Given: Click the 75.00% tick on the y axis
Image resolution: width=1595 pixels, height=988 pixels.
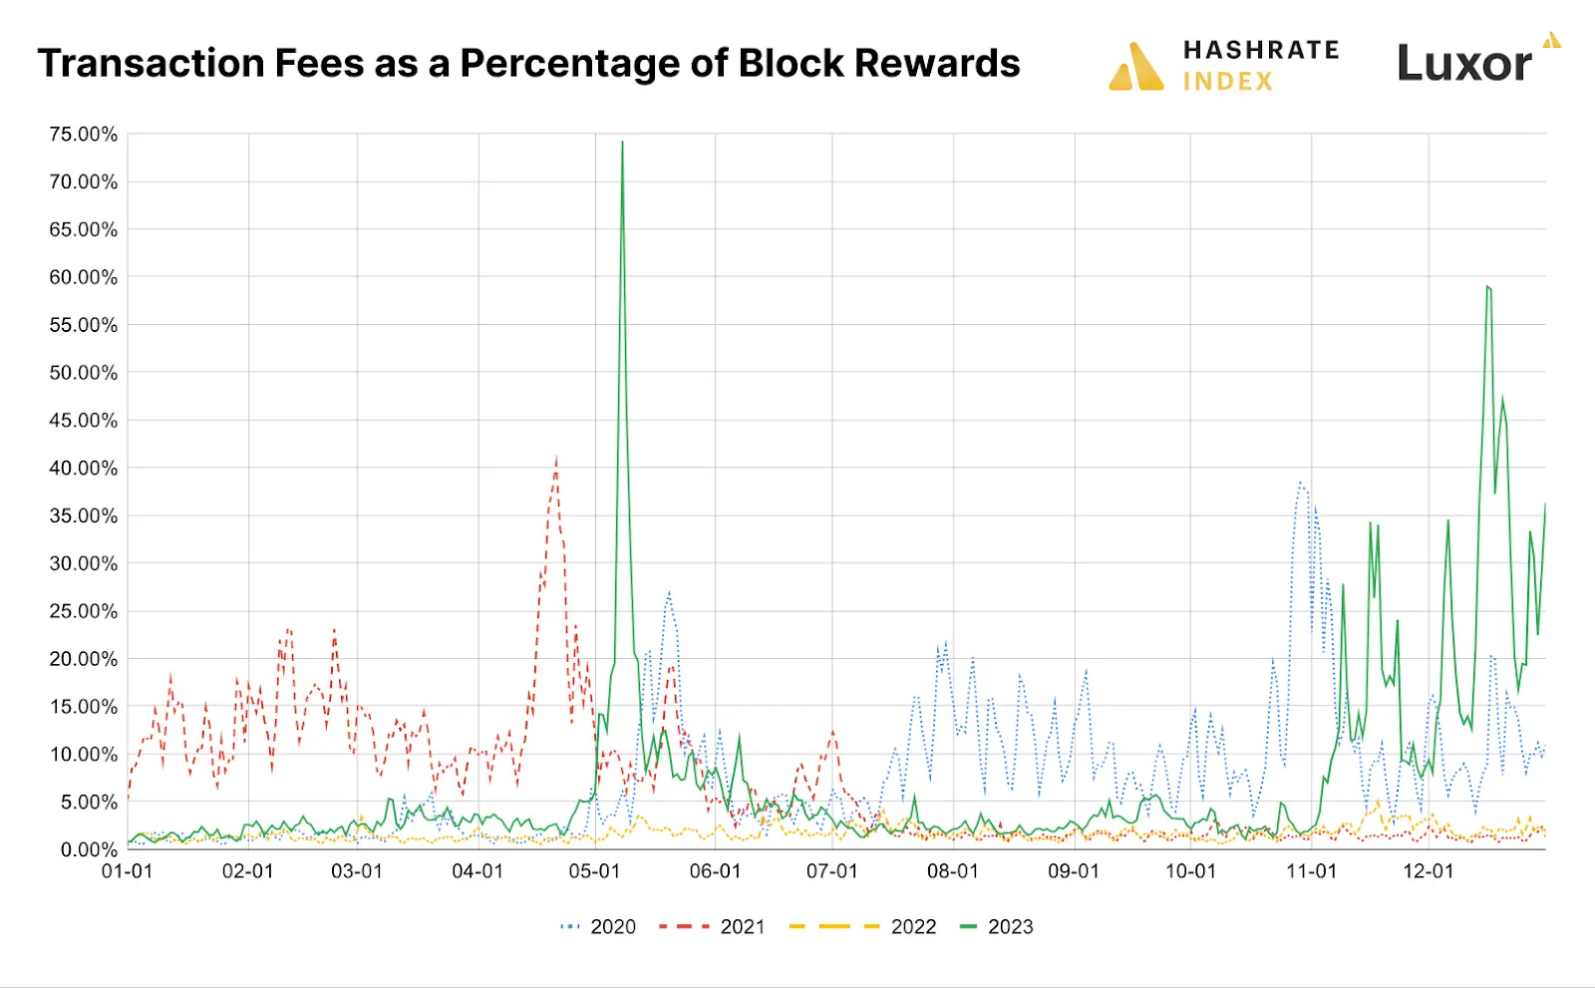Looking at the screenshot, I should point(84,135).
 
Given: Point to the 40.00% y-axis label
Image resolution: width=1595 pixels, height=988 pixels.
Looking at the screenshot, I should point(84,469).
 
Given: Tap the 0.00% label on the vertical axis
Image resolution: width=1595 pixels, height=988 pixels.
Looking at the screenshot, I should point(89,850).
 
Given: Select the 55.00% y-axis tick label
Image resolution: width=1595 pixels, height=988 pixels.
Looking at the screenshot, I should point(84,325).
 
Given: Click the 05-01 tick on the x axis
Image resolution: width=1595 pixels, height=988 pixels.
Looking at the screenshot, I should point(595,871).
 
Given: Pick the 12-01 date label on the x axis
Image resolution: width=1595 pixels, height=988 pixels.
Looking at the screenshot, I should point(1429,871).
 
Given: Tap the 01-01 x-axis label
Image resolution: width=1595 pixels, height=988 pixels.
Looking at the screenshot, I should point(128,871).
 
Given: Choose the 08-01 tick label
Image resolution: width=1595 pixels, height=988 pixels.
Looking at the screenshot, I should point(953,871).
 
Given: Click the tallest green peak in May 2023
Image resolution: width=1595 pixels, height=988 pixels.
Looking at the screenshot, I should point(622,143).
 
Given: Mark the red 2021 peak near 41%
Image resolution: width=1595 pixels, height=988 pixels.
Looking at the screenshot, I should point(556,458).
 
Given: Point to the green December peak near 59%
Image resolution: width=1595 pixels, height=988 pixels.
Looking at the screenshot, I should point(1487,287).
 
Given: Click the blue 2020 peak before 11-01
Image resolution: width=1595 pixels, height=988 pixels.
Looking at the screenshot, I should point(1300,483).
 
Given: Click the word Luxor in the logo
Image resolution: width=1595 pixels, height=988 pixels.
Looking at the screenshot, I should point(1463,65).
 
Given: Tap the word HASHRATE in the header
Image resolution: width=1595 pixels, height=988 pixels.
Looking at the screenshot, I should point(1261,50).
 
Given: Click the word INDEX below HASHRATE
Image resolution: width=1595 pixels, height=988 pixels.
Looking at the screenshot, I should point(1228,82).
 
